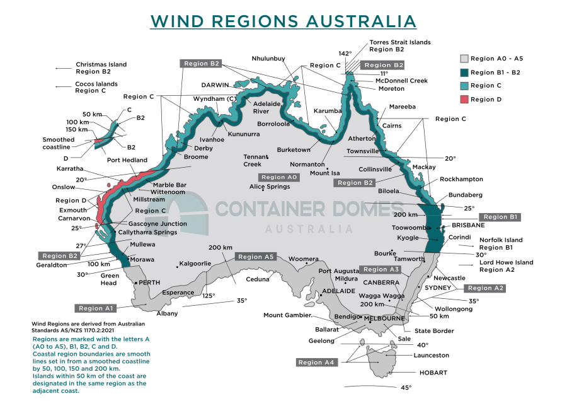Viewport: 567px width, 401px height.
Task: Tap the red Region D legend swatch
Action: (x=464, y=99)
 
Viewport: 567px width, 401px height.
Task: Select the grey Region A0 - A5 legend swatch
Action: (x=464, y=59)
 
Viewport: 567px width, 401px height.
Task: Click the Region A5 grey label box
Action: (x=256, y=257)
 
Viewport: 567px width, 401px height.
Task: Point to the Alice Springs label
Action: (x=270, y=187)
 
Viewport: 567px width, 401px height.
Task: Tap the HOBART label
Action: (x=433, y=373)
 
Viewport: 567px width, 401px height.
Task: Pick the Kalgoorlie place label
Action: (x=194, y=263)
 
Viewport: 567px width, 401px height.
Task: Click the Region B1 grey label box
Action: (x=500, y=217)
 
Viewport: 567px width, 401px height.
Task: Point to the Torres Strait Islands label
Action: (x=400, y=42)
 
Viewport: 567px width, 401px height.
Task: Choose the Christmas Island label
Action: (x=101, y=64)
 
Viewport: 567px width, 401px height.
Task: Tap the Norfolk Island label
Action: (x=501, y=240)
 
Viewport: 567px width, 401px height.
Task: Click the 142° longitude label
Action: (x=345, y=54)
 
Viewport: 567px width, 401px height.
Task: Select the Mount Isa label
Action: (x=325, y=172)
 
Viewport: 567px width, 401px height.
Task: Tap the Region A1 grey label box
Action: (x=96, y=308)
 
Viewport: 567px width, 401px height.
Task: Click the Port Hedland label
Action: (x=127, y=160)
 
